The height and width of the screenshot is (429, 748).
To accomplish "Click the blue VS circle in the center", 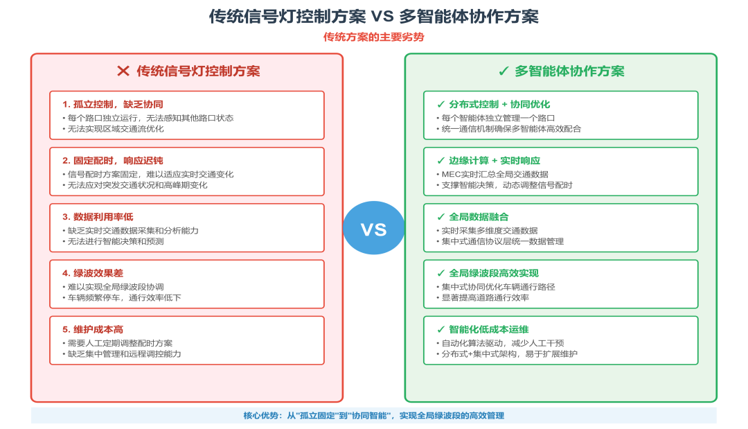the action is pyautogui.click(x=374, y=228).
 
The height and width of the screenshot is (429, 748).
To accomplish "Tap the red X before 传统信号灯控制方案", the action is pyautogui.click(x=123, y=71).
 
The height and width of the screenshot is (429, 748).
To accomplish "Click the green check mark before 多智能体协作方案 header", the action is pyautogui.click(x=504, y=71).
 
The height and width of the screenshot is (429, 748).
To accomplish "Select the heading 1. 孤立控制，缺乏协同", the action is pyautogui.click(x=113, y=104).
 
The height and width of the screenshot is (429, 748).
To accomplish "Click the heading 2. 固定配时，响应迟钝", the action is pyautogui.click(x=113, y=161).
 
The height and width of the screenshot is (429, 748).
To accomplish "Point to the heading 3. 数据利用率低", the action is pyautogui.click(x=98, y=217).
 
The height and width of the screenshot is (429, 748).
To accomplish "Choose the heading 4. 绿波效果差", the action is pyautogui.click(x=93, y=273).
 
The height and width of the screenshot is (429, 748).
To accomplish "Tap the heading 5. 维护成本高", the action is pyautogui.click(x=93, y=329).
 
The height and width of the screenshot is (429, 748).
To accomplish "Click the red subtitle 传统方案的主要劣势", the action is pyautogui.click(x=374, y=37).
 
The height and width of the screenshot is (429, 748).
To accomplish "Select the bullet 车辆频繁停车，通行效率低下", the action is pyautogui.click(x=125, y=297).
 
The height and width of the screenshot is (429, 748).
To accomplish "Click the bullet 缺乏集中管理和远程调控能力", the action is pyautogui.click(x=125, y=353).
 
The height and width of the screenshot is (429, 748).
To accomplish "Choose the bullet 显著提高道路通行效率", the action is pyautogui.click(x=486, y=297).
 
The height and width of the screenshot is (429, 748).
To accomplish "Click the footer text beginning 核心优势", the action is pyautogui.click(x=374, y=416).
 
